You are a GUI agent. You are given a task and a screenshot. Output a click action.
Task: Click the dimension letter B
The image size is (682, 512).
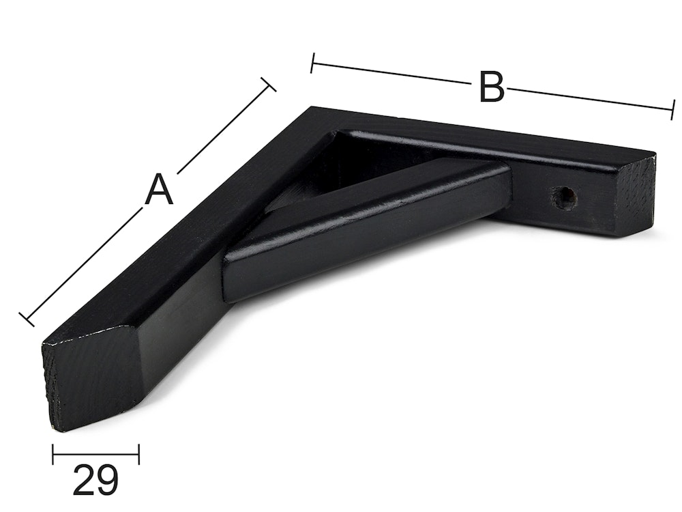(492, 87)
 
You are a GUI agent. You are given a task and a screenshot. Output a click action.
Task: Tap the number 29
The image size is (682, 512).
(95, 480)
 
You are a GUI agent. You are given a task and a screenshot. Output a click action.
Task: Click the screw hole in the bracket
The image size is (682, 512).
(564, 197)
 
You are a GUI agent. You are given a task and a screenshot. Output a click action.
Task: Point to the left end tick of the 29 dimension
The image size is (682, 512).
(53, 454)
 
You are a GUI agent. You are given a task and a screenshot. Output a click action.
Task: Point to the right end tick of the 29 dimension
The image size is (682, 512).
(138, 454)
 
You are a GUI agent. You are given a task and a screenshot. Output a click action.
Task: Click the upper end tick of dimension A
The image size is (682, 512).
(268, 85)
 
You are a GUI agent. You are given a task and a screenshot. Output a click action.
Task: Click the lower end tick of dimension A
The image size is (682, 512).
(27, 319)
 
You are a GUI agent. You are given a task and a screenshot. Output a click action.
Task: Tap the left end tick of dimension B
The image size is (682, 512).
(312, 63)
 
